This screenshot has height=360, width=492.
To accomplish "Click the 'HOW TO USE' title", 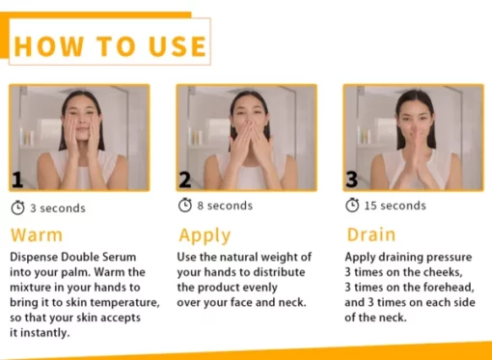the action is [110, 46].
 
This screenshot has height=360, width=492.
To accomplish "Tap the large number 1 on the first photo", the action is [17, 180].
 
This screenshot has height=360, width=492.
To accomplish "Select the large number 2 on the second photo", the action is [185, 180].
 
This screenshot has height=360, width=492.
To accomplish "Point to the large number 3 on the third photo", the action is [352, 180].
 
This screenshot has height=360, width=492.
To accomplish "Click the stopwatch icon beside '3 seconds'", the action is [17, 208].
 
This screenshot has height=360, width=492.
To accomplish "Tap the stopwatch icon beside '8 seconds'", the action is [185, 205].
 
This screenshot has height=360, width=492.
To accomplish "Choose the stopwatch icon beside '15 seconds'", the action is [352, 205].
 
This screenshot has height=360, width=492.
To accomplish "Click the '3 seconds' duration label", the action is [58, 208].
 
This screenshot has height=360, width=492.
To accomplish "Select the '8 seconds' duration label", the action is [225, 206].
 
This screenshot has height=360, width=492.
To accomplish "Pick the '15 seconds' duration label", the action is [396, 206].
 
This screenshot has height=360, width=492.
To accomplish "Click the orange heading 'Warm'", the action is [37, 235].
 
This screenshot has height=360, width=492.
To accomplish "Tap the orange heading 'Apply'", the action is [205, 235].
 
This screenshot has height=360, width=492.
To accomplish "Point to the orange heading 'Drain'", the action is [371, 235].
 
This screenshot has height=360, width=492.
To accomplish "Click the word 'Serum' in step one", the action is [120, 257].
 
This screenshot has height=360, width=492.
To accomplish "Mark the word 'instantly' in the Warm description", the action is [45, 333].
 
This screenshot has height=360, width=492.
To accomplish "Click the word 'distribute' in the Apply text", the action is [279, 272].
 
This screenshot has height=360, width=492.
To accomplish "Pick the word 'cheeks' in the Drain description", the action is [443, 272].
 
